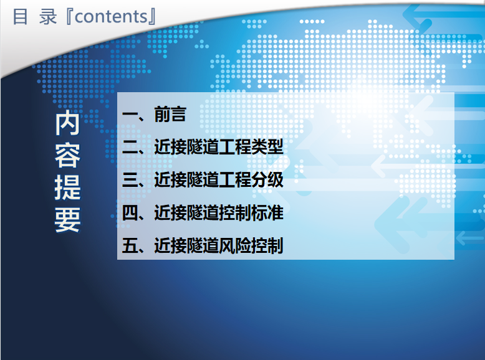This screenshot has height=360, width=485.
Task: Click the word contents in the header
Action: (x=112, y=17)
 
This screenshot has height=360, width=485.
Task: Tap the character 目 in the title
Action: (x=21, y=17)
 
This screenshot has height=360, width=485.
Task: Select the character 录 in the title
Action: (x=48, y=17)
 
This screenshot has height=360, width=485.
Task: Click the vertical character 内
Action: (x=68, y=123)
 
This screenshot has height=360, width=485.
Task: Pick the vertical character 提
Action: (x=68, y=187)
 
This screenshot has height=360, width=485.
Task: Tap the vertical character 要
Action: (x=68, y=220)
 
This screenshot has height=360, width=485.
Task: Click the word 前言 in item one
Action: (x=170, y=114)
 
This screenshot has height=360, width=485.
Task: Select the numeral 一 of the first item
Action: (x=130, y=114)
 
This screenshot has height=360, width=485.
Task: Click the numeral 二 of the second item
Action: (x=130, y=147)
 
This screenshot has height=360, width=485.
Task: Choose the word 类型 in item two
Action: (x=267, y=147)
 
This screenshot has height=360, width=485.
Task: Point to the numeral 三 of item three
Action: (x=130, y=180)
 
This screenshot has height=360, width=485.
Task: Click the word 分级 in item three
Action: (x=267, y=180)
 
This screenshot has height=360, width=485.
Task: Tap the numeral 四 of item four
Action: (x=130, y=212)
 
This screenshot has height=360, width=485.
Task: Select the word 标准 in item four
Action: (x=267, y=212)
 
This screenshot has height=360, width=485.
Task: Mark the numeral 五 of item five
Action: (x=130, y=245)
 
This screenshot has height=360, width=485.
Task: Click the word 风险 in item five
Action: (x=235, y=245)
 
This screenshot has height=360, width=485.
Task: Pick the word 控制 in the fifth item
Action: (x=267, y=245)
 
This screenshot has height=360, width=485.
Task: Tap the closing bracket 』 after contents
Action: (x=152, y=17)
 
